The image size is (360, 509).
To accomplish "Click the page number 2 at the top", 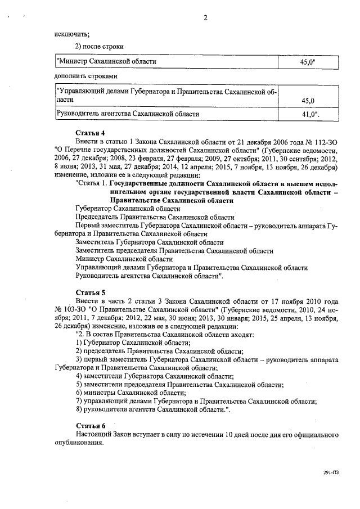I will (205, 18).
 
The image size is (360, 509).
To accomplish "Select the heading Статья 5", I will (91, 292).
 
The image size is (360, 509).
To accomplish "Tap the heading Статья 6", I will (91, 426).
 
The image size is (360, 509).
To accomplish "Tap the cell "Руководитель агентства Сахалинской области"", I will (128, 114).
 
